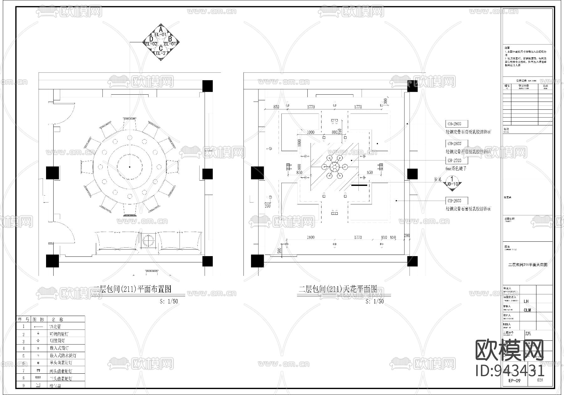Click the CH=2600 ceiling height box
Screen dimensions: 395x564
point(457,201)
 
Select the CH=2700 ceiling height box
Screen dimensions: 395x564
point(457,161)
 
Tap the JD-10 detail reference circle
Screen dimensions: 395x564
point(452,182)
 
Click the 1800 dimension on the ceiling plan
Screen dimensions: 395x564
point(311,237)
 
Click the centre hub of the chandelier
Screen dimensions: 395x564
point(334,167)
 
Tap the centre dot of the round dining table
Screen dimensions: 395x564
point(130,167)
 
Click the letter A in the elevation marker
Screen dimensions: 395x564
point(161,30)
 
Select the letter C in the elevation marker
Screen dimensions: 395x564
point(161,48)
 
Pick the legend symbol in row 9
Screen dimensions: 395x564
point(38,385)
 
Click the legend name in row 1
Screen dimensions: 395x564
point(55,327)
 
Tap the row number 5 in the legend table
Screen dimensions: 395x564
point(23,356)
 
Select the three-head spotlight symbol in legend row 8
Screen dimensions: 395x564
point(38,378)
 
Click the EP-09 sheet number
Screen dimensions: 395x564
point(514,381)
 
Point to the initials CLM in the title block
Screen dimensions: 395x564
point(527,310)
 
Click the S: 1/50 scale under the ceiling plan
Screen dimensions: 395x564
point(374,301)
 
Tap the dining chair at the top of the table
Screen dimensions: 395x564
point(130,123)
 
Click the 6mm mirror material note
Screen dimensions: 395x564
point(456,169)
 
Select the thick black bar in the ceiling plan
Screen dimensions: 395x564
point(359,185)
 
